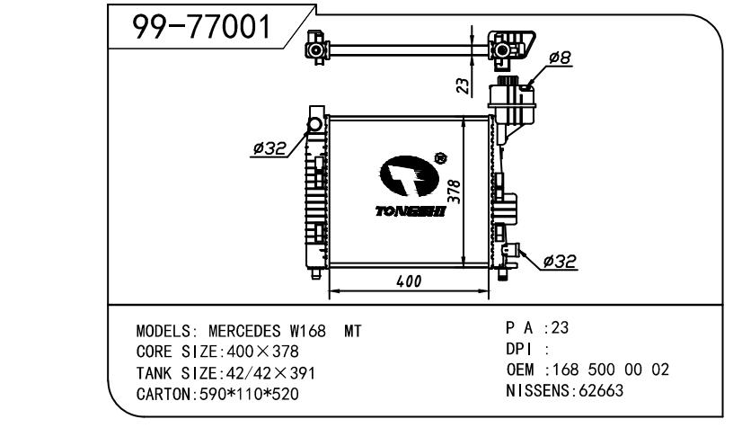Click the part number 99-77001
pos(201,28)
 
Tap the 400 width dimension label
pos(409,281)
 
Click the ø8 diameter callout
pos(561,58)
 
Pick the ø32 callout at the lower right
pos(561,262)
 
